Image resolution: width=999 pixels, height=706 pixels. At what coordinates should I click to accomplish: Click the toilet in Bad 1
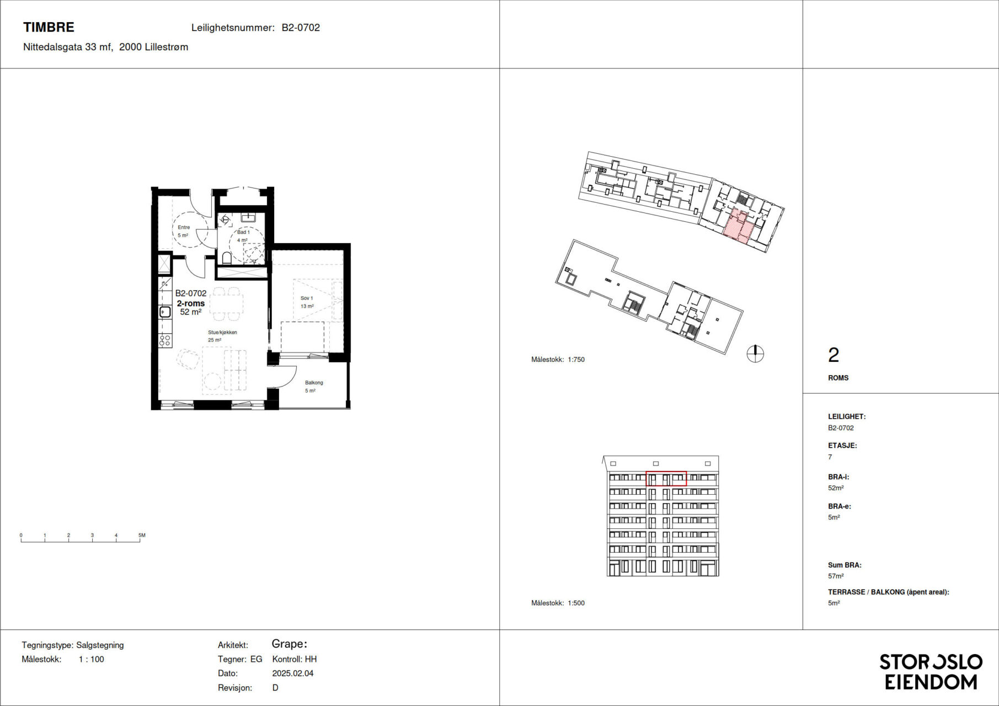click(x=227, y=258)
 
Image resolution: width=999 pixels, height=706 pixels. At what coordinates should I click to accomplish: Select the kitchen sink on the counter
click(x=165, y=312)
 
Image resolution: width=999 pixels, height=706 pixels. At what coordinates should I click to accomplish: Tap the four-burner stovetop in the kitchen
click(x=165, y=341)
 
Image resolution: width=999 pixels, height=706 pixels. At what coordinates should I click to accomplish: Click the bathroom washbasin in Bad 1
click(x=248, y=217)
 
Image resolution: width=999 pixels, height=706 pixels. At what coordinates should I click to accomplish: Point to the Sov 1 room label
click(x=307, y=298)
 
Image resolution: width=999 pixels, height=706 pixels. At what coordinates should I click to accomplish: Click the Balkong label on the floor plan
click(x=314, y=383)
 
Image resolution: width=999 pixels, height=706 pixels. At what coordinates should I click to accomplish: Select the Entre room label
click(x=184, y=227)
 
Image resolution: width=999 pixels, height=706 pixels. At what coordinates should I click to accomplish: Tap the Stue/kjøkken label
click(x=222, y=333)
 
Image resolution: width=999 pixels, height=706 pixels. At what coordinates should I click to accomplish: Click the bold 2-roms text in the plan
click(x=191, y=303)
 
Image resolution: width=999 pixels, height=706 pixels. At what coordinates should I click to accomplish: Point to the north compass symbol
click(x=755, y=354)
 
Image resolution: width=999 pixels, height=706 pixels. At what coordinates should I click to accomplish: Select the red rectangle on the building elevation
click(x=666, y=478)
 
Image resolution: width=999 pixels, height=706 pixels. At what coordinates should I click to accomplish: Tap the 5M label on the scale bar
click(x=142, y=535)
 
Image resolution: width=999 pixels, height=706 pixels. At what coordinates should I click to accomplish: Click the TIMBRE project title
click(x=49, y=27)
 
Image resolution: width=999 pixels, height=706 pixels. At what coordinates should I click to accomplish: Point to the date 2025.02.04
click(x=293, y=673)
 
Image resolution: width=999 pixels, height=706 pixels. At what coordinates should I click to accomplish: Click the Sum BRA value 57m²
click(x=836, y=576)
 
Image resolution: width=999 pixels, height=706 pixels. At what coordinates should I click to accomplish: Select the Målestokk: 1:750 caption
click(x=558, y=360)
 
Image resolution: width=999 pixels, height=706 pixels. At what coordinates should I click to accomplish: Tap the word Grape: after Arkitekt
click(x=290, y=644)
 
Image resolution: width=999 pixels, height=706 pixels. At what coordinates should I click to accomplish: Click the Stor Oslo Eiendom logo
click(x=931, y=672)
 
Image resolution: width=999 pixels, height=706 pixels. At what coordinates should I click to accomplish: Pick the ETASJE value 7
click(x=830, y=457)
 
